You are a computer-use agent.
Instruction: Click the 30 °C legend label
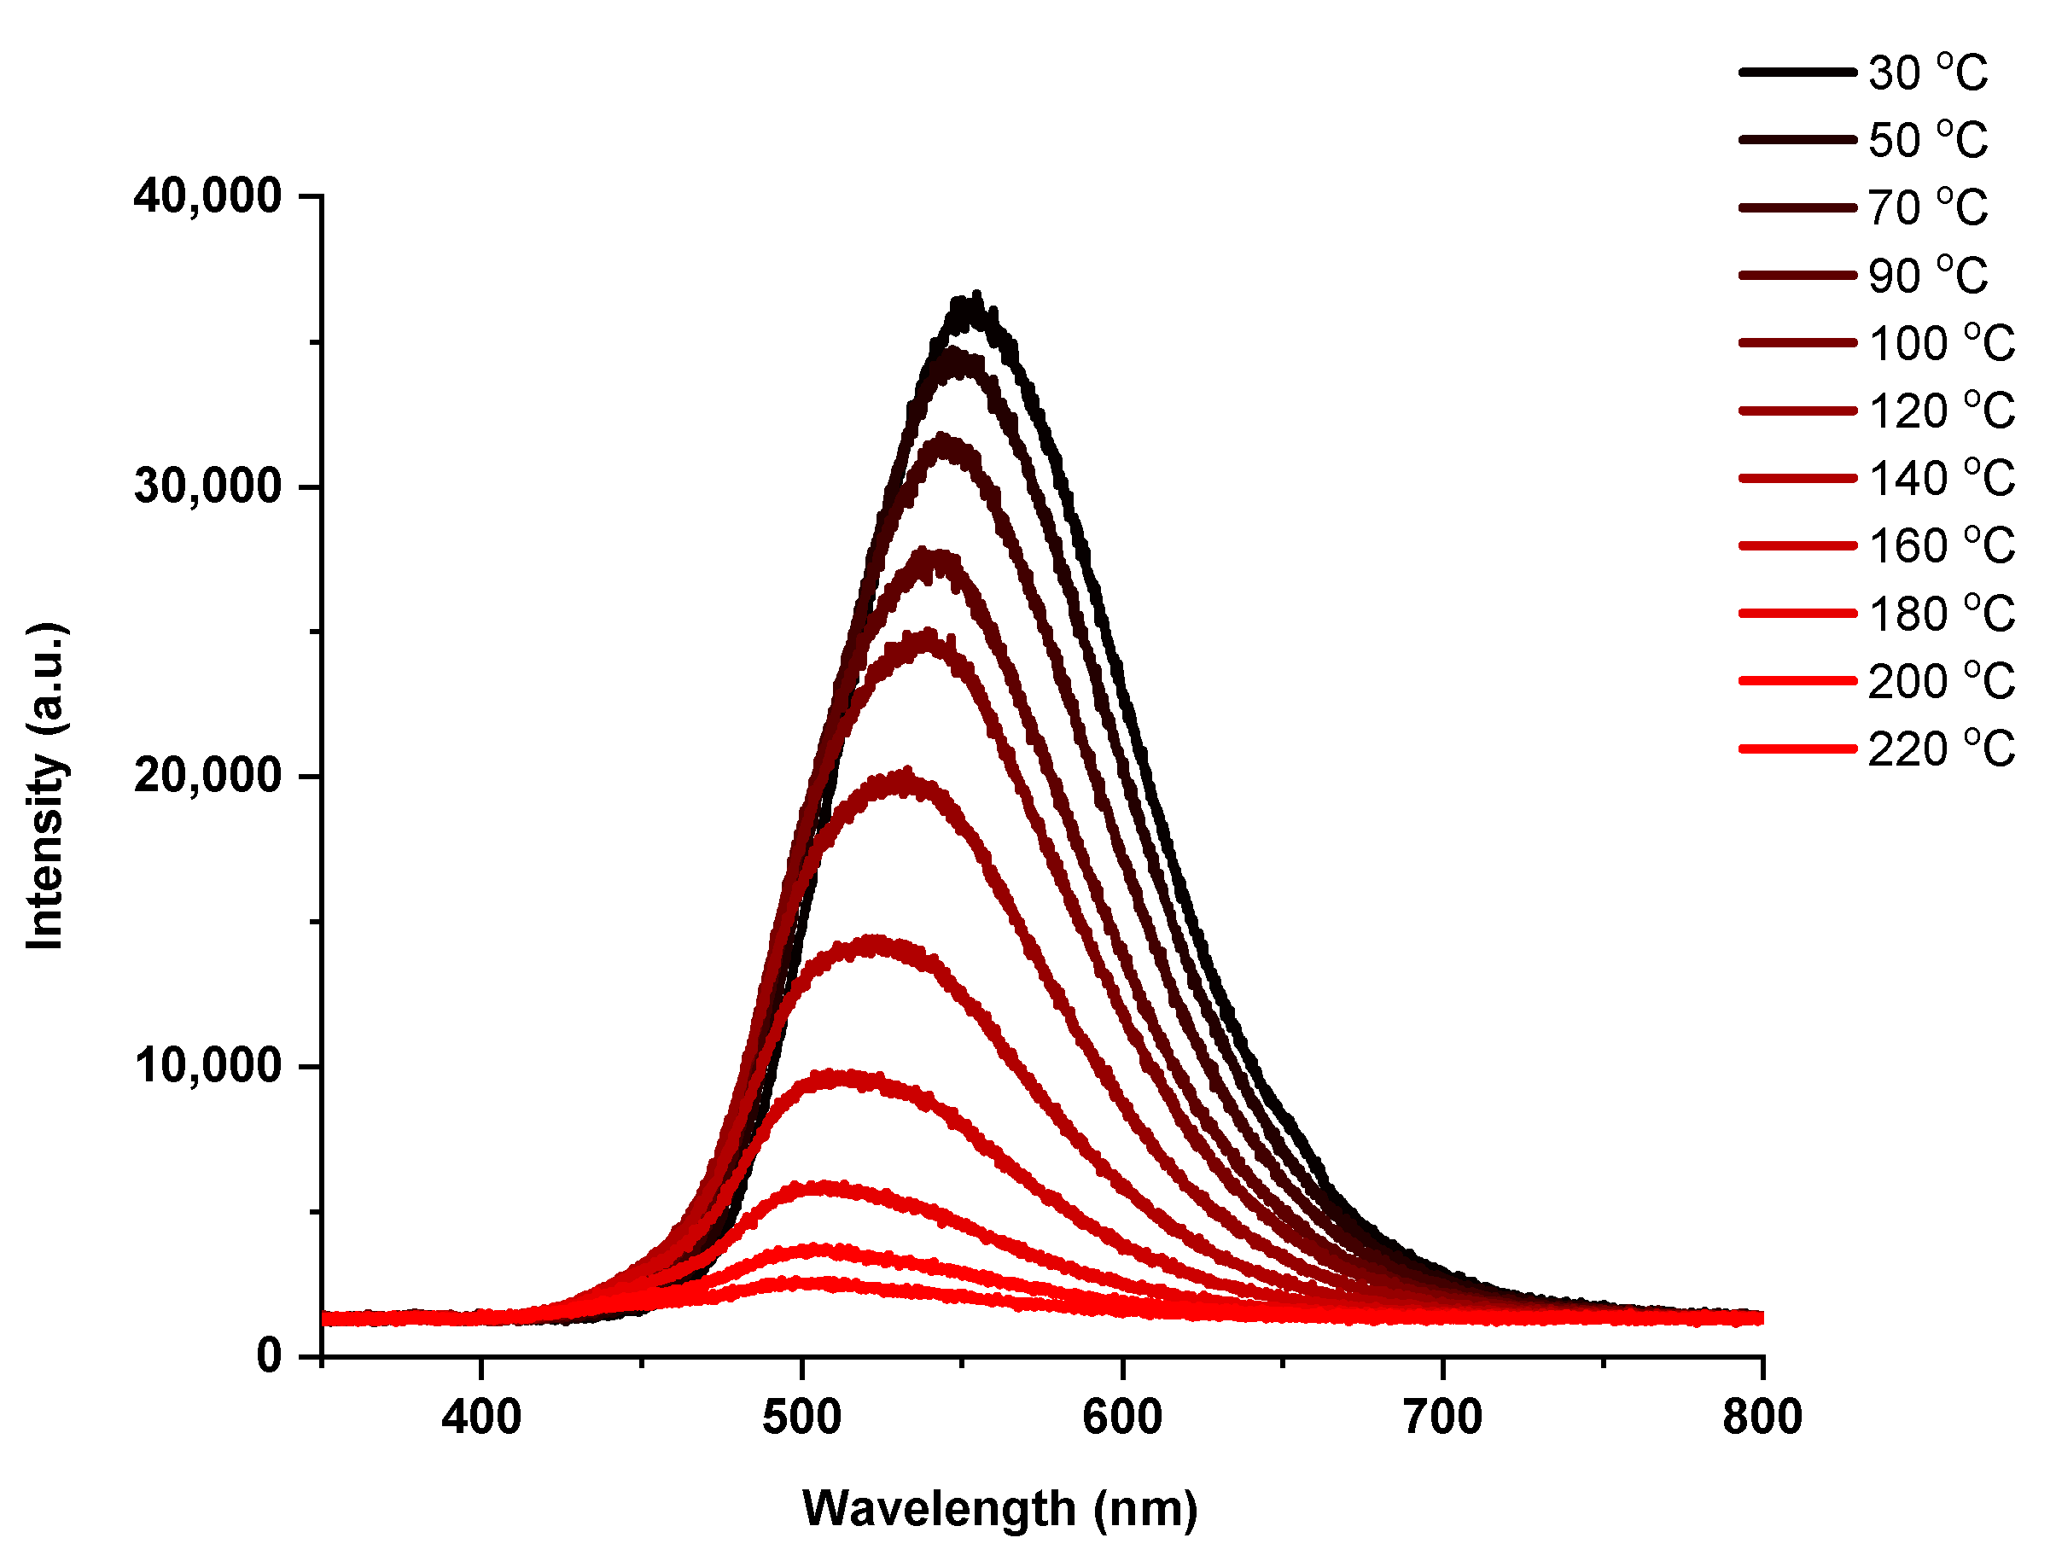[x=1927, y=73]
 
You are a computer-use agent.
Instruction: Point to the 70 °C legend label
[x=1927, y=208]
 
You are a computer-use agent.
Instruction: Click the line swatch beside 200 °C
[x=1797, y=681]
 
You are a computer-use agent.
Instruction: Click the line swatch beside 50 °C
[x=1797, y=140]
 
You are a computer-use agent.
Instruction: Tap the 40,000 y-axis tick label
[x=207, y=197]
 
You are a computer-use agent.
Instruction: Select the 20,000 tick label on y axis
[x=207, y=776]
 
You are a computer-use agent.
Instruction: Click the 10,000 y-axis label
[x=207, y=1066]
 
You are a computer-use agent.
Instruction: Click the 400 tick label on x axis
[x=481, y=1418]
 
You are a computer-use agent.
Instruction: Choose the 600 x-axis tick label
[x=1122, y=1418]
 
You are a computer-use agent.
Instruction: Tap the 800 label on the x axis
[x=1762, y=1418]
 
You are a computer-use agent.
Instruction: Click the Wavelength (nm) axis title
[x=999, y=1508]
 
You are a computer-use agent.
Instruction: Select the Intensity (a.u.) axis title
[x=44, y=785]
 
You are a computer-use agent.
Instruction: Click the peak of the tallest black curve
[x=976, y=299]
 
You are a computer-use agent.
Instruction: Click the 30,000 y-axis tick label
[x=207, y=486]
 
